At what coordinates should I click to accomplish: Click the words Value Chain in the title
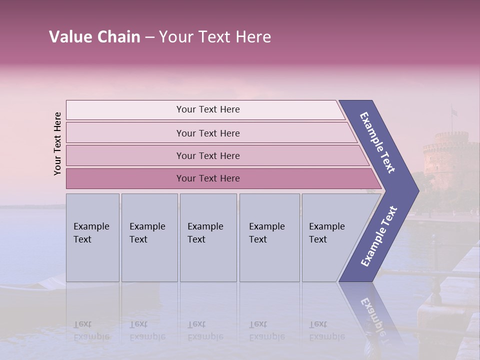click(x=94, y=37)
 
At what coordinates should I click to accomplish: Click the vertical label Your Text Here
click(x=57, y=143)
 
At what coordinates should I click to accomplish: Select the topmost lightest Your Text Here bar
click(x=207, y=109)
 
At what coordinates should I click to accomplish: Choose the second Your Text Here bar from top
click(x=207, y=133)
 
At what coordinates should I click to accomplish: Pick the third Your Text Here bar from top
click(x=207, y=155)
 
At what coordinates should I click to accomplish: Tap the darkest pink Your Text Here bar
click(x=207, y=178)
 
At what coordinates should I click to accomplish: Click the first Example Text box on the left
click(x=92, y=237)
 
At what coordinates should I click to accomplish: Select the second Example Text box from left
click(x=149, y=237)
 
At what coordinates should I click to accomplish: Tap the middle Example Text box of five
click(x=208, y=237)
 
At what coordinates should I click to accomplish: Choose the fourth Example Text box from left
click(x=269, y=237)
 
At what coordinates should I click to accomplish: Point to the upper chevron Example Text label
click(x=377, y=142)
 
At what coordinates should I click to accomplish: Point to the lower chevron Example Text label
click(x=379, y=236)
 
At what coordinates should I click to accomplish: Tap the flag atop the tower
click(x=453, y=112)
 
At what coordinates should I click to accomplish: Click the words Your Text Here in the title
click(x=215, y=37)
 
